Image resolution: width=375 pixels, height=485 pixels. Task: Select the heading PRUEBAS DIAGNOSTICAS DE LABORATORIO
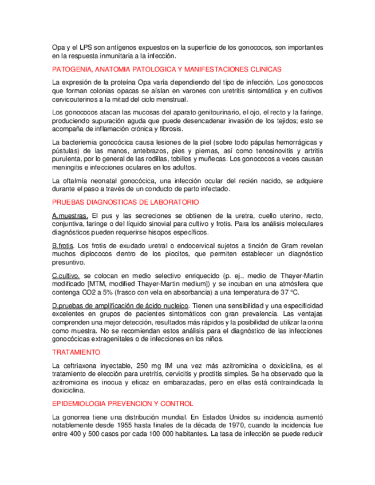tap(125, 202)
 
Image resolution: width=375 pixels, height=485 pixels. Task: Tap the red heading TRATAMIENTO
tap(76, 352)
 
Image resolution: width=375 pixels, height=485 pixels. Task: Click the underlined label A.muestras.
tap(70, 216)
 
